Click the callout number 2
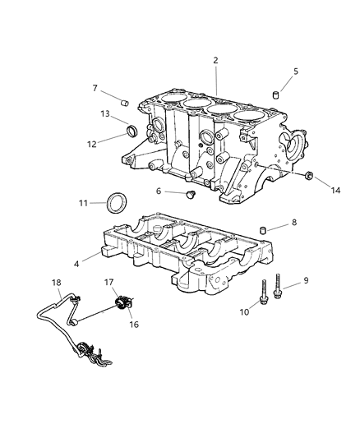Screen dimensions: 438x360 [x=215, y=61]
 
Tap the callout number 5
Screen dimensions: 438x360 [x=295, y=71]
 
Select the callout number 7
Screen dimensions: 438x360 [x=95, y=88]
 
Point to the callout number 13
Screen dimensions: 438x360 [x=105, y=114]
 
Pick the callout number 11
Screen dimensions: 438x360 [x=83, y=202]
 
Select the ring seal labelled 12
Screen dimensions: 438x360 [x=132, y=131]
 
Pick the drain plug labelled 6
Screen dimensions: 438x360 [x=192, y=194]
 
